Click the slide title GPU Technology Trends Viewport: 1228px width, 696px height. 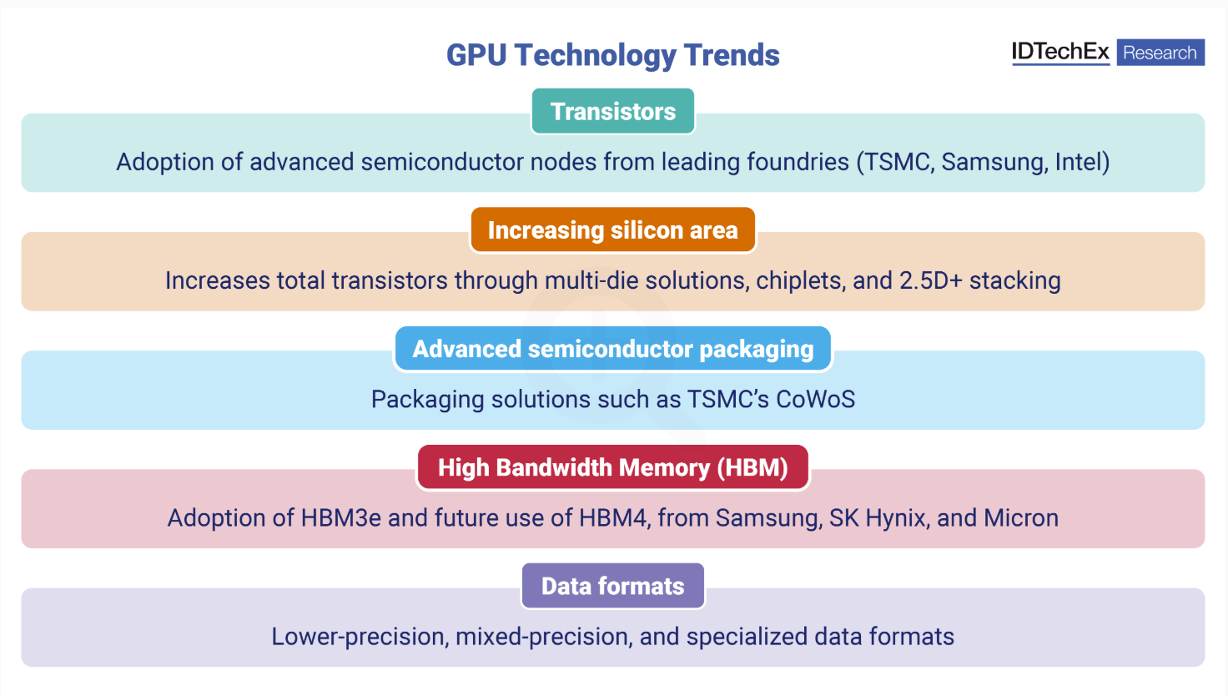point(613,55)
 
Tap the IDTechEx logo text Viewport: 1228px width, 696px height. point(1060,52)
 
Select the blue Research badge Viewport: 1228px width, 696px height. point(1160,52)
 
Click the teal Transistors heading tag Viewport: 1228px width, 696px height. point(613,111)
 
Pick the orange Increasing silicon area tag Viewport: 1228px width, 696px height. point(613,229)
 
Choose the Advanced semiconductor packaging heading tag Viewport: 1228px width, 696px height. point(613,349)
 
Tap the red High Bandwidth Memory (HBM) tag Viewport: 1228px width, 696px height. point(613,467)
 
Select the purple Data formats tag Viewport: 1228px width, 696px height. point(613,586)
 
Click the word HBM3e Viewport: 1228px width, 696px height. point(340,518)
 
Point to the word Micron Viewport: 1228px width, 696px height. point(1021,518)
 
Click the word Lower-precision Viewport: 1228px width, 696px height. point(360,637)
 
